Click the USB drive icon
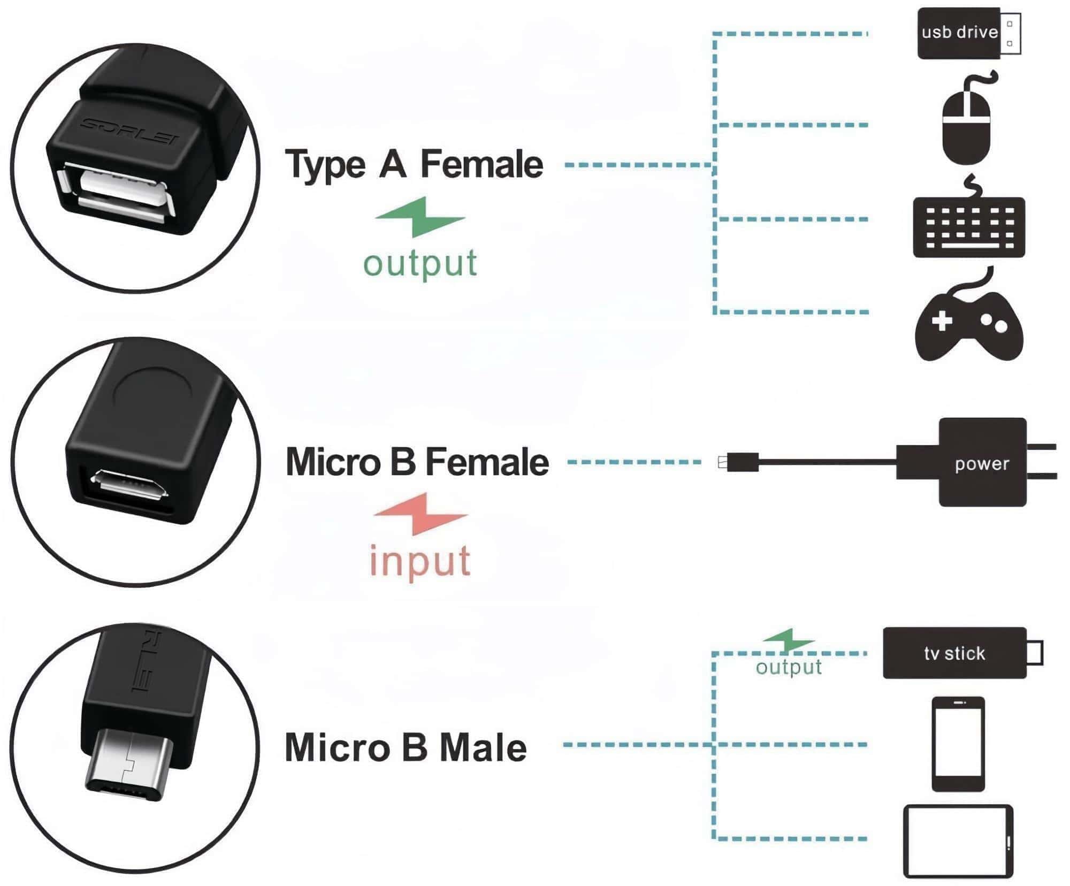[968, 33]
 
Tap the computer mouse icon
[966, 127]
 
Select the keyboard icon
[969, 228]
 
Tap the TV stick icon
[955, 653]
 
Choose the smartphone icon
[958, 744]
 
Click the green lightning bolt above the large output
[421, 217]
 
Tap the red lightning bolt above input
[421, 514]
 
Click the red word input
[420, 561]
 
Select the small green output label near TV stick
[789, 667]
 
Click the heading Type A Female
[414, 164]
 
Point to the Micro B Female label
[417, 462]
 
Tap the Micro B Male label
[406, 747]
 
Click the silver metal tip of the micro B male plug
[128, 765]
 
